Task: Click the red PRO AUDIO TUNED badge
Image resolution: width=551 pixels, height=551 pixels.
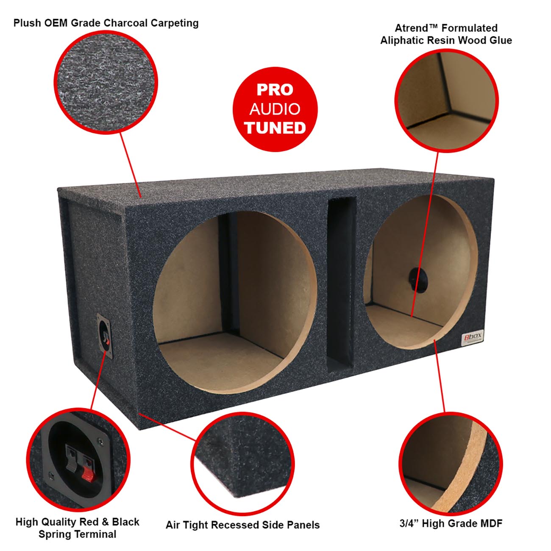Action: pyautogui.click(x=275, y=109)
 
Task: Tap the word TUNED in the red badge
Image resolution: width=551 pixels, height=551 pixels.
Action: pyautogui.click(x=275, y=128)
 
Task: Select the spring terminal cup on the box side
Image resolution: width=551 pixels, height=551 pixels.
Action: pyautogui.click(x=105, y=336)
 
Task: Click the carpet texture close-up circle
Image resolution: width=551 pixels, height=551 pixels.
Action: pyautogui.click(x=106, y=83)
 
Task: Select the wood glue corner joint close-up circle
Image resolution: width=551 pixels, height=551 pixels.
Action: pyautogui.click(x=447, y=100)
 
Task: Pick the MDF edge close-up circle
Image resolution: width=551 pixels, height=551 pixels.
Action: pyautogui.click(x=451, y=464)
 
